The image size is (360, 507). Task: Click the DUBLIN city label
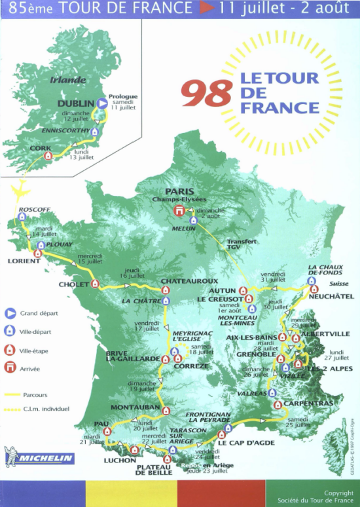75,103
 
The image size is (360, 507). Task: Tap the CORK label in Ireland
41,148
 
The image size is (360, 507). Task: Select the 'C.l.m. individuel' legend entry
45,409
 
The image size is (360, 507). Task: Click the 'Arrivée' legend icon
10,369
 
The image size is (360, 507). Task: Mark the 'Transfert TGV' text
242,244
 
